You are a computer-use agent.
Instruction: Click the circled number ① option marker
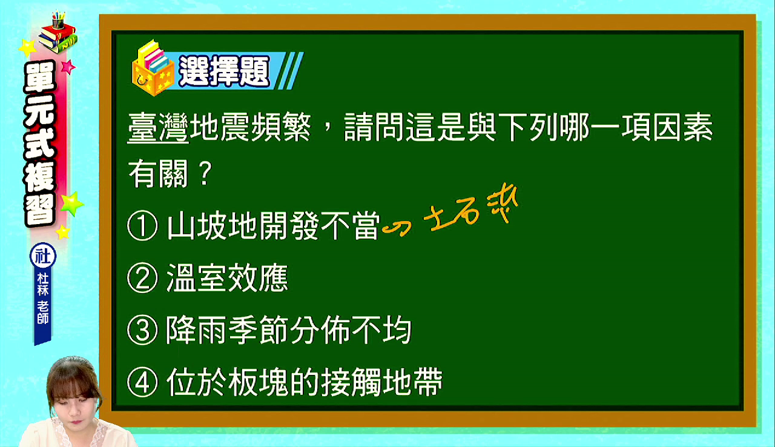coord(142,225)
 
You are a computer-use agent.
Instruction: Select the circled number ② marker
coord(142,278)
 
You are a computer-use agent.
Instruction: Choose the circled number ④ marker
coord(142,382)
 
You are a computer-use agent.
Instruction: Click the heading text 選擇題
coord(224,71)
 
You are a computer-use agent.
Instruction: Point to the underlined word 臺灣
coord(158,127)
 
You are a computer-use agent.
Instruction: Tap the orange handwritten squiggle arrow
coord(397,229)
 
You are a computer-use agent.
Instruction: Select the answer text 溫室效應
coord(227,278)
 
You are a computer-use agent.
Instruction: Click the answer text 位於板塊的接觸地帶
coord(305,382)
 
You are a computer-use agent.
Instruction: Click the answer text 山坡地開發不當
coord(273,225)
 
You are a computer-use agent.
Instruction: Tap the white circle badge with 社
coord(43,256)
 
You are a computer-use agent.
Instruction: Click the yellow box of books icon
coord(153,68)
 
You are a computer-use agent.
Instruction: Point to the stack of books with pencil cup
coord(58,33)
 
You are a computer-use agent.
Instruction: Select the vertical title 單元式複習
coord(40,144)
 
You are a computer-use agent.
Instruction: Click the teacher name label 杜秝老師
coord(43,298)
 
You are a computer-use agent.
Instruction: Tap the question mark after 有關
coord(205,173)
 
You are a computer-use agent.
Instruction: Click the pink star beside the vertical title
coord(68,67)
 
